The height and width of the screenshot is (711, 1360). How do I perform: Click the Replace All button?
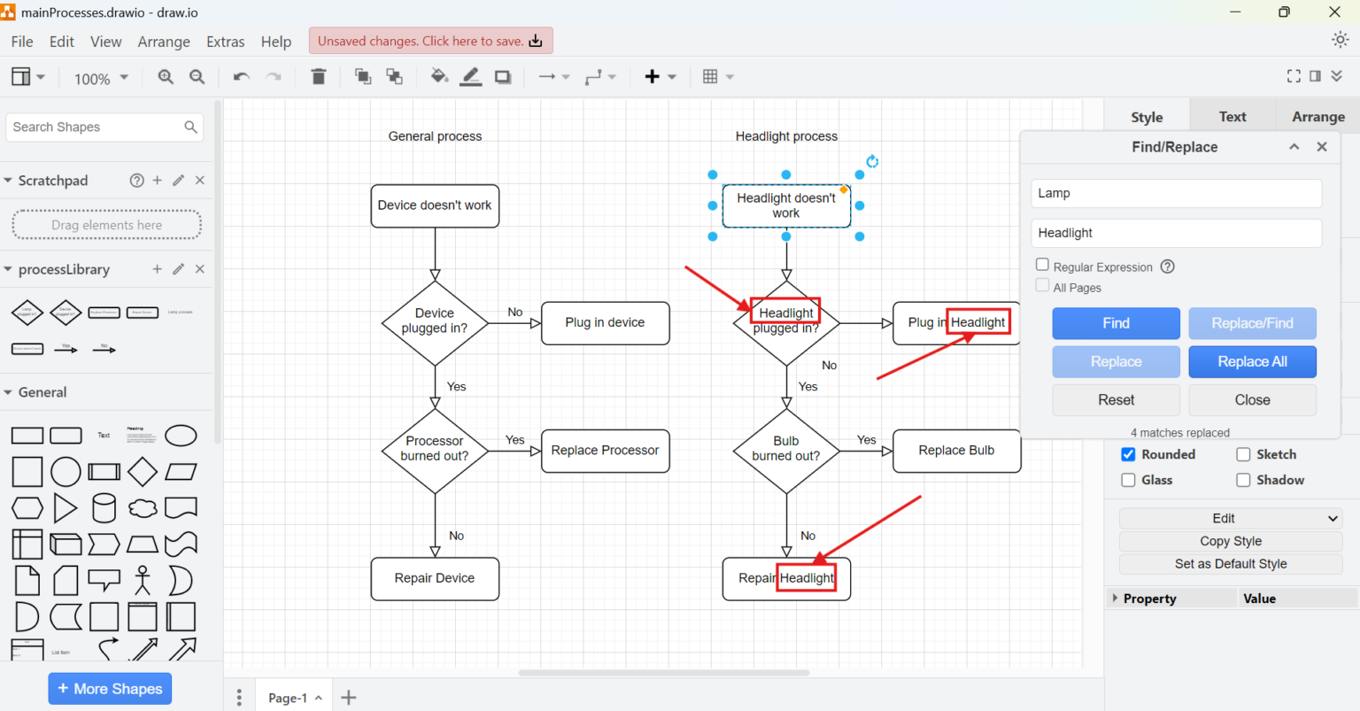point(1252,361)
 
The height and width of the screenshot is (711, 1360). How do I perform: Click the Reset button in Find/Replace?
point(1116,400)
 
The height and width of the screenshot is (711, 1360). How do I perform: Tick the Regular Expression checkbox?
point(1042,265)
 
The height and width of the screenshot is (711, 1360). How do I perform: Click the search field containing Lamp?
point(1176,193)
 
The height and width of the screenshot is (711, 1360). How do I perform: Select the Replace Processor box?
point(605,451)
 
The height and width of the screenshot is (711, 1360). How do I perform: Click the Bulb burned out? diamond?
point(785,450)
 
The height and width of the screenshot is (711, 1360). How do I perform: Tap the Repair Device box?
point(435,578)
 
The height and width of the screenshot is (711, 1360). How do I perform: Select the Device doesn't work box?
point(435,205)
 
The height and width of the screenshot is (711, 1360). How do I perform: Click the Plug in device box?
point(605,323)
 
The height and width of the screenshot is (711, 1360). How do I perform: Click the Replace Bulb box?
point(956,451)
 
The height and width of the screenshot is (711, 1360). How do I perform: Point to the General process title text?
point(435,136)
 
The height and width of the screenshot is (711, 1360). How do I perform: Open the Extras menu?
point(225,42)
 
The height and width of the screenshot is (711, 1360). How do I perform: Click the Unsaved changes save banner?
point(430,41)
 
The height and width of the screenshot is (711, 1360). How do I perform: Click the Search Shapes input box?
point(96,128)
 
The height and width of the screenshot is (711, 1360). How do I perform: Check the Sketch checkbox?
point(1243,454)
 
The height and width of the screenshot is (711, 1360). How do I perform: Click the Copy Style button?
point(1230,541)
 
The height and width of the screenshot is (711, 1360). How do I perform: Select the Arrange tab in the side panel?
point(1317,117)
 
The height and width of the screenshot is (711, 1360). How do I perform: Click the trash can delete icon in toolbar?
point(319,77)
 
